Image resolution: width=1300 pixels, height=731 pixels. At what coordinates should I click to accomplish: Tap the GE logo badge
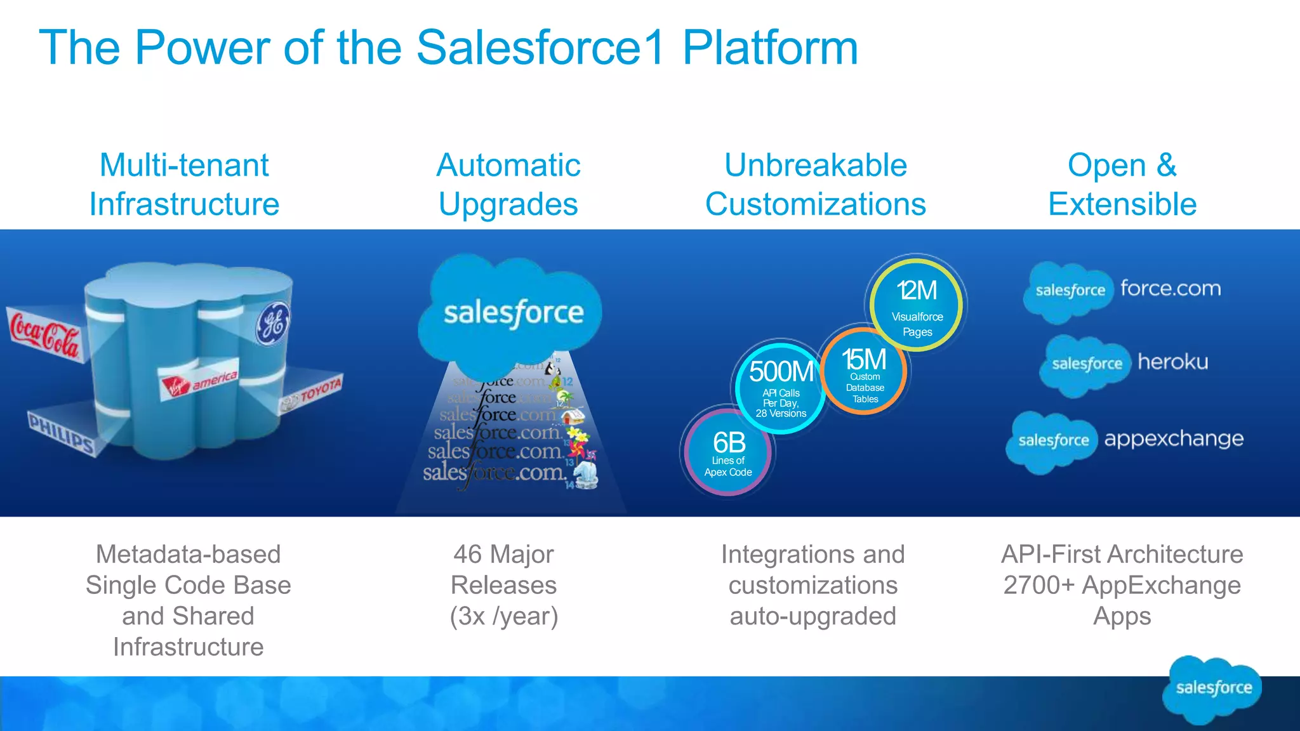(273, 324)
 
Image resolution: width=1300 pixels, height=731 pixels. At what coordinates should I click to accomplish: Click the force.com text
(1170, 289)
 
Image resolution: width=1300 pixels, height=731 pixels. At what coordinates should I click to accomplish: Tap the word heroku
(1172, 362)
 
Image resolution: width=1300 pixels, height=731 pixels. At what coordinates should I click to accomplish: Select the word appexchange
(1174, 438)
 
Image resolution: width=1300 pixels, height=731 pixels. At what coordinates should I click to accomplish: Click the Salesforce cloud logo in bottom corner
(1212, 689)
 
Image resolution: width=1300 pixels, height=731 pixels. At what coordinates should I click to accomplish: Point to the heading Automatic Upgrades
(508, 185)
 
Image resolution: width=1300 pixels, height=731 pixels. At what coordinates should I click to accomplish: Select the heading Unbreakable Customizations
(815, 185)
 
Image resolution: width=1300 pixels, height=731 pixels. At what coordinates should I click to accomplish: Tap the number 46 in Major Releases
(467, 555)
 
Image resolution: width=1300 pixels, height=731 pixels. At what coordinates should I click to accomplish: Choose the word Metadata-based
(188, 555)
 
